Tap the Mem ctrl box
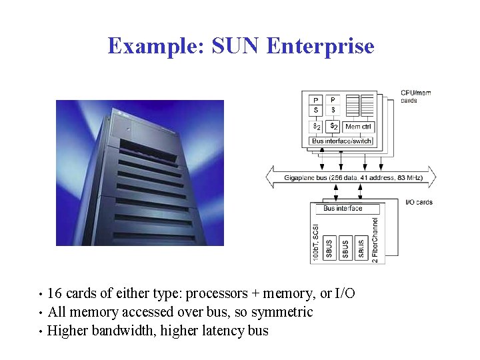(359, 126)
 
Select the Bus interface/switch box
(342, 141)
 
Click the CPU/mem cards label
(415, 97)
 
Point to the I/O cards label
(419, 202)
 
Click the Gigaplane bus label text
(351, 177)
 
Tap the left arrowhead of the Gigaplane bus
(271, 177)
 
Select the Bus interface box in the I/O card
(343, 209)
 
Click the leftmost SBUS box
(329, 247)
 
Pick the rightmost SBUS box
(361, 247)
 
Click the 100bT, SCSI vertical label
(316, 241)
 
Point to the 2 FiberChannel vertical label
(375, 239)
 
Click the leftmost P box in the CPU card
(316, 100)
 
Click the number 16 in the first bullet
(55, 294)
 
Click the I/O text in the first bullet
(345, 294)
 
